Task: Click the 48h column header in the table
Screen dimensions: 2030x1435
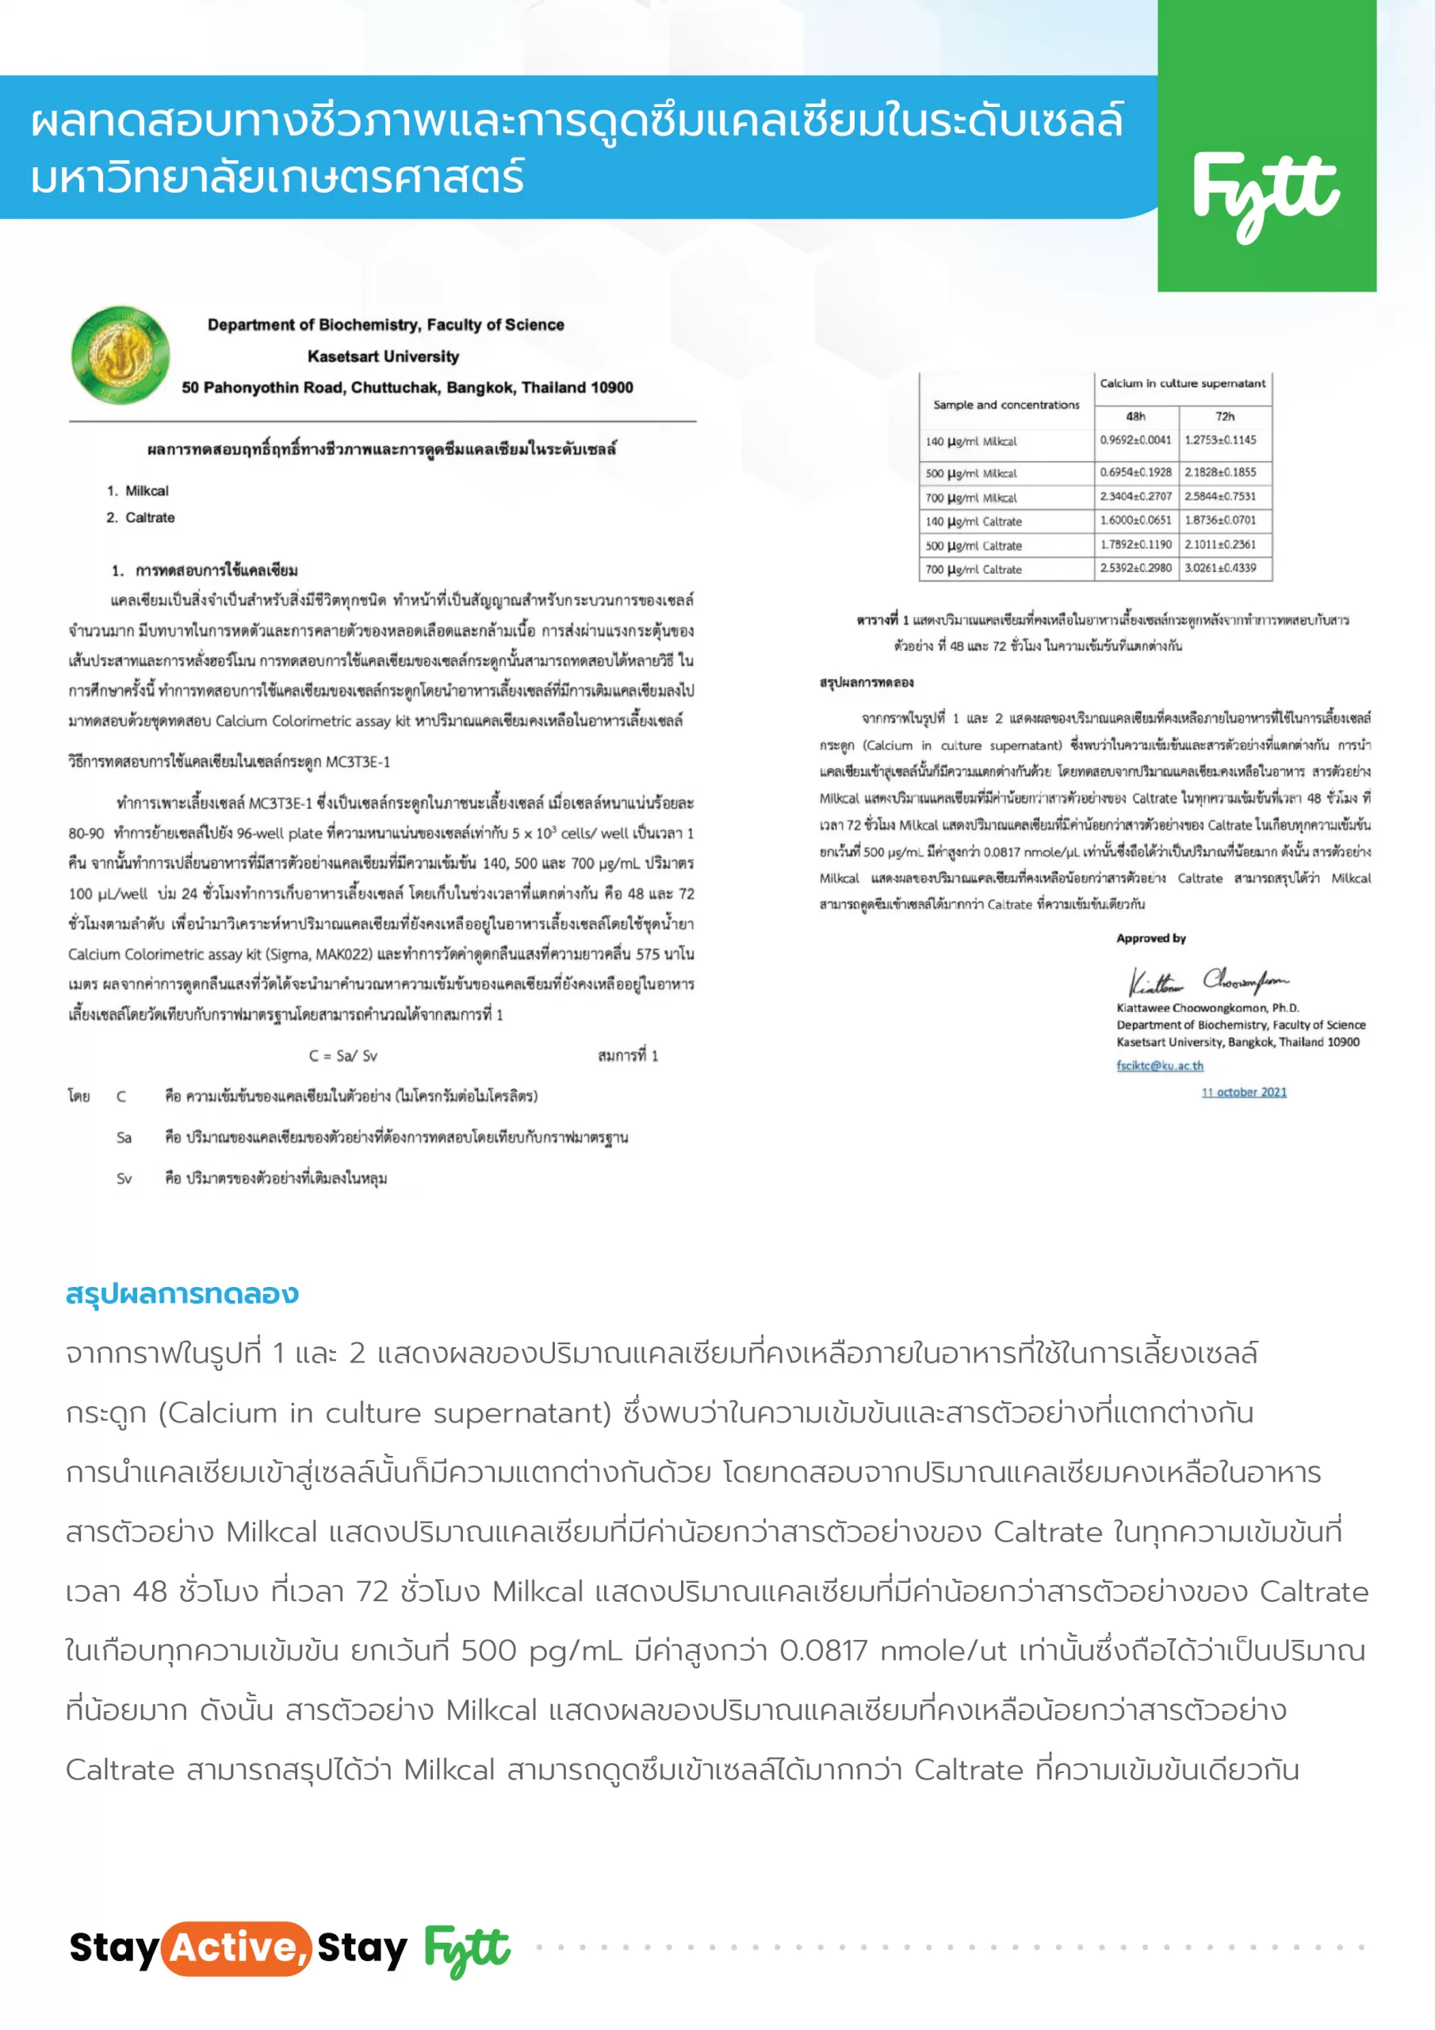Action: coord(1135,416)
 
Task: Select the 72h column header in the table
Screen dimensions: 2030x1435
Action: coord(1225,416)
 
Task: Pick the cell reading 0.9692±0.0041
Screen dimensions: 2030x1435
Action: coord(1135,440)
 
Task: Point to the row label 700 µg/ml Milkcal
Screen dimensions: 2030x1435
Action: coord(971,498)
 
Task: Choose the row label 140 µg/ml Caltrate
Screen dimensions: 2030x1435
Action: coord(974,522)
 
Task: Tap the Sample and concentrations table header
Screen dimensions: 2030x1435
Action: coord(1006,405)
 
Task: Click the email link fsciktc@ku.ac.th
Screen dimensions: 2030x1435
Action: coord(1159,1066)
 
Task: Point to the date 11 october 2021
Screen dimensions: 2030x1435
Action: coord(1243,1092)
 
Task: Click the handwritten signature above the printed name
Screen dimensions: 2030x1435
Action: coord(1207,982)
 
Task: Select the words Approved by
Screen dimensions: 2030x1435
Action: coord(1150,938)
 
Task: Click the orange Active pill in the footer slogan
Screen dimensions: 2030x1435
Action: coord(236,1947)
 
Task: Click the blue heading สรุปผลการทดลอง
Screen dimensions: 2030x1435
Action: coord(182,1293)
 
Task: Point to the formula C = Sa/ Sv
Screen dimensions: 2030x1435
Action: coord(343,1055)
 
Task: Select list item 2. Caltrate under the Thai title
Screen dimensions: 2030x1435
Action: coord(140,517)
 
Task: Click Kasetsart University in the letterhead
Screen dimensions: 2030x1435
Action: coord(383,356)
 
